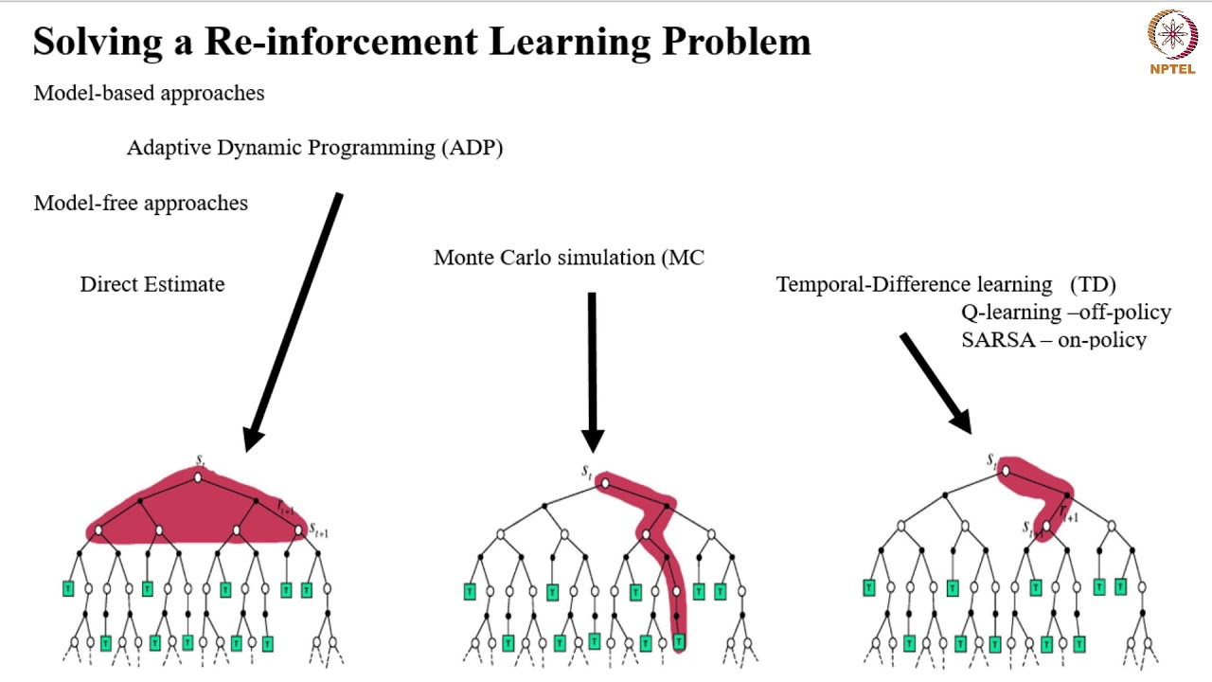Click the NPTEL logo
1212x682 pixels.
click(x=1172, y=41)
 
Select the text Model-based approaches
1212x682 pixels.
click(x=149, y=93)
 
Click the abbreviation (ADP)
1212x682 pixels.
click(x=472, y=148)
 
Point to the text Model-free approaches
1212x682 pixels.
click(x=140, y=203)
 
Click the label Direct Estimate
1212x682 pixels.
click(x=151, y=284)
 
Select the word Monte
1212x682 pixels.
click(x=465, y=258)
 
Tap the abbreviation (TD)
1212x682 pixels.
click(x=1093, y=284)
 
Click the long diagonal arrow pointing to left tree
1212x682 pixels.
click(x=293, y=322)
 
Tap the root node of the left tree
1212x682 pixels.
click(x=198, y=477)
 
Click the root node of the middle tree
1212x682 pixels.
click(x=605, y=484)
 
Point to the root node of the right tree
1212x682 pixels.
click(x=1005, y=471)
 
